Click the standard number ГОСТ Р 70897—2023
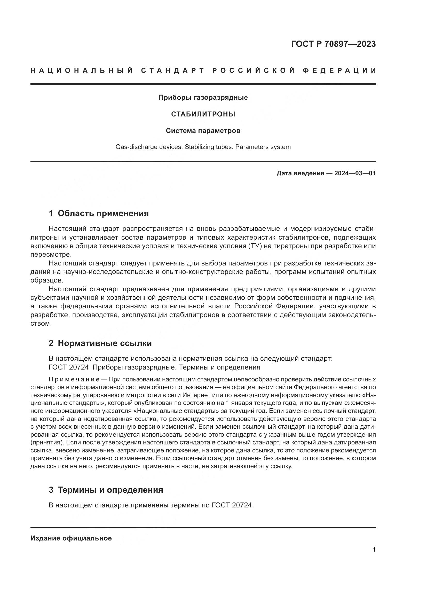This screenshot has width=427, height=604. (333, 44)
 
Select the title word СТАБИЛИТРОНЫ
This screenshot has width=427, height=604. (203, 114)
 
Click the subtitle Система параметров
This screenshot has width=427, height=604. (203, 131)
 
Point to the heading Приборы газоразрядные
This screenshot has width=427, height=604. (203, 98)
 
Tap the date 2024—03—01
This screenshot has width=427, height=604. (355, 173)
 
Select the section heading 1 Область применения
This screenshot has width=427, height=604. (99, 213)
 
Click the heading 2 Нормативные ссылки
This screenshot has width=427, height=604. (100, 343)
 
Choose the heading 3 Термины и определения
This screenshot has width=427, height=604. (106, 490)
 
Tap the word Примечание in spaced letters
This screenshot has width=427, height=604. (74, 380)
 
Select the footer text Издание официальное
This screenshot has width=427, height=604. (71, 538)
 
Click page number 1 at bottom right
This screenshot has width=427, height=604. (374, 550)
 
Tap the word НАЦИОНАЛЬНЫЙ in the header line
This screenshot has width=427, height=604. (82, 70)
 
